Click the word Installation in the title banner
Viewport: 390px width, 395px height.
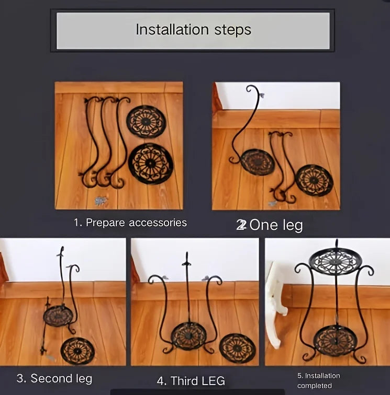[x=172, y=29]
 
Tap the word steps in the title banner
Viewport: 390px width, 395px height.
[x=232, y=30]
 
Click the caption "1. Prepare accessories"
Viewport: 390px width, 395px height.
[x=130, y=223]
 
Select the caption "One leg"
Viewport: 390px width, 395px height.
[x=276, y=225]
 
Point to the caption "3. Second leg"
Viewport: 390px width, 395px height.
[x=54, y=378]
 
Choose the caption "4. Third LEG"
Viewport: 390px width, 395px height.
[x=191, y=381]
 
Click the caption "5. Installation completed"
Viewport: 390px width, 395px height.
[x=319, y=381]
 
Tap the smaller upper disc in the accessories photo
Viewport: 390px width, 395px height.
[x=146, y=122]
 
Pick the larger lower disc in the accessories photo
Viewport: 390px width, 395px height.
[x=151, y=164]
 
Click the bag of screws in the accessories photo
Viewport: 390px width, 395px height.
[x=100, y=201]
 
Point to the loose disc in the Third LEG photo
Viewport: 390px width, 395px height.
[x=237, y=348]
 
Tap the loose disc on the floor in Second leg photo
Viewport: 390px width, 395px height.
[x=77, y=351]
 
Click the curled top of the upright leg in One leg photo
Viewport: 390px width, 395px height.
[x=252, y=90]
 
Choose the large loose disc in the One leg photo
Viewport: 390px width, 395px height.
[x=314, y=180]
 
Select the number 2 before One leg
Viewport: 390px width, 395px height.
[x=241, y=225]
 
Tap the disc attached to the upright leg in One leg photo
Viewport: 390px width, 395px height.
[x=257, y=162]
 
